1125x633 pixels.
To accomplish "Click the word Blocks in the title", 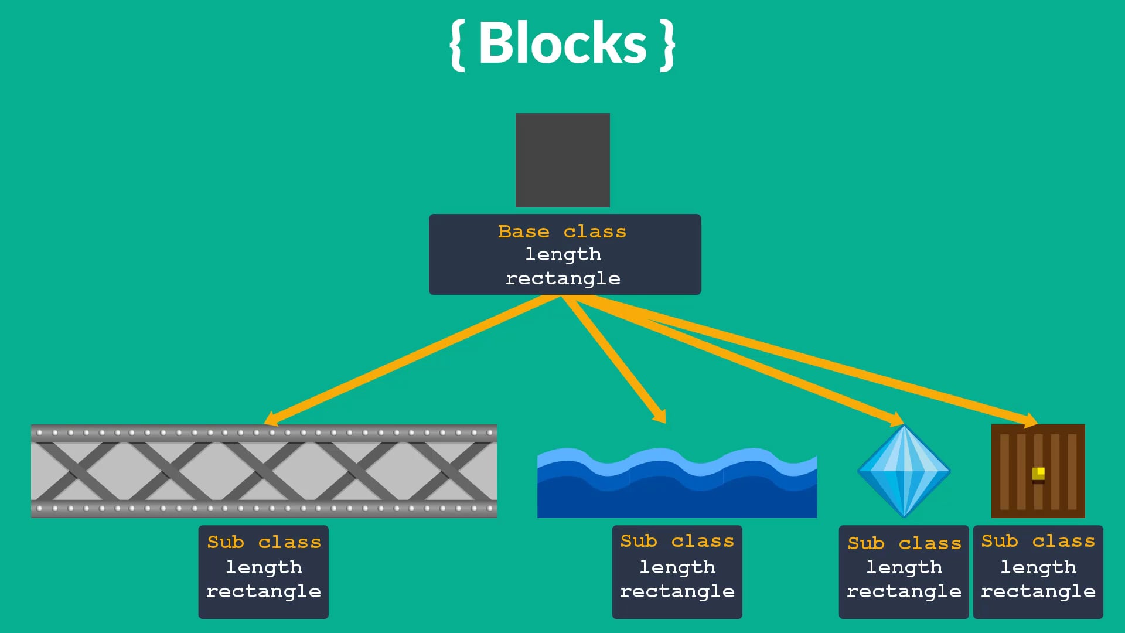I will tap(562, 43).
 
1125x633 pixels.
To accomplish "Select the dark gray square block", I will tap(562, 160).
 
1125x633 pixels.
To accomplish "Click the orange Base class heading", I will tap(562, 232).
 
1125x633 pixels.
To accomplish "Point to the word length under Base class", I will tap(563, 254).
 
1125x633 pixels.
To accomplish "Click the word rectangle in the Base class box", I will tap(563, 278).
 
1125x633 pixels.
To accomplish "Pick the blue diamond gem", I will tap(904, 471).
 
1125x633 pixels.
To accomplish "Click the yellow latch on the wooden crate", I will tap(1038, 473).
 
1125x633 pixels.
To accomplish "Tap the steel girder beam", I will tap(264, 471).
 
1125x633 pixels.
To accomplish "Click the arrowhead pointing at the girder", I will tap(271, 419).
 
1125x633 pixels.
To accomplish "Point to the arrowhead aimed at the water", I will tap(660, 416).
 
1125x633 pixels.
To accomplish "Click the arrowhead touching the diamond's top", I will tap(896, 420).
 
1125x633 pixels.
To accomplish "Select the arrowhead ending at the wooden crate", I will tap(1031, 420).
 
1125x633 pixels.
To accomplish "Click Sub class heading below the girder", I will tap(264, 542).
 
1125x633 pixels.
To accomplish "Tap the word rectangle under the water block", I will tap(677, 591).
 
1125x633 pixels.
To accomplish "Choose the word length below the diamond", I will tap(904, 567).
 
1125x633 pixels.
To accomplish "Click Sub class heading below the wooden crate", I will tap(1038, 541).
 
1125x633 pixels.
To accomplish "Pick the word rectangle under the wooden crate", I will tap(1038, 591).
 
